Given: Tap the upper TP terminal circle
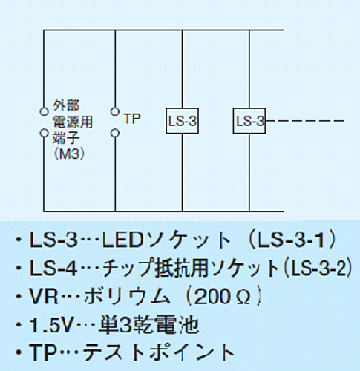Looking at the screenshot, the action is pos(114,111).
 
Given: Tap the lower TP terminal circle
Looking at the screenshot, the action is pos(114,133).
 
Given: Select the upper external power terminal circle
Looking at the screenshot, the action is pos(45,111).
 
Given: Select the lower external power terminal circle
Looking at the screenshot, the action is pos(45,133).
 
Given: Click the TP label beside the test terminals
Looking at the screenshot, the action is pos(132,119).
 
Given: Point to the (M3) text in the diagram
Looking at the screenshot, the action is pos(69,154).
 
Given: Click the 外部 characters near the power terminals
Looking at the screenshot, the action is pos(66,105).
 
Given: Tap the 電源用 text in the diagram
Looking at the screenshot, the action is pos(73,122).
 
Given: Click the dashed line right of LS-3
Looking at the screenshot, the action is pos(305,121).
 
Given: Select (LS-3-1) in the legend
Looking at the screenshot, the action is pos(292,240).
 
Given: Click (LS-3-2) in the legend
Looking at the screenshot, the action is pos(318,268).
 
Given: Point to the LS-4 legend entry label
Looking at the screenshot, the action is pos(53,269).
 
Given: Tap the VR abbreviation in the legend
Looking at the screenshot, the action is pos(44,296).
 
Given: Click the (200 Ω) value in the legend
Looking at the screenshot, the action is pos(223,296).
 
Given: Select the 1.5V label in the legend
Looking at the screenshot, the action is pos(51,325).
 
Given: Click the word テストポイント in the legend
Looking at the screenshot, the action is pos(158,352).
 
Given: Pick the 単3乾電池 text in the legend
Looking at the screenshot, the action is pos(148,325).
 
